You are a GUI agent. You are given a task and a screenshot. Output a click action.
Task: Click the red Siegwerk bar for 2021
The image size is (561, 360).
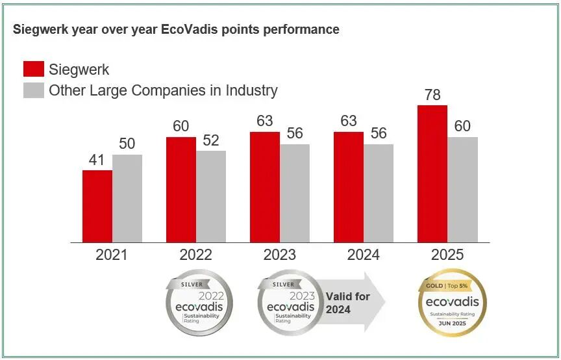pos(97,206)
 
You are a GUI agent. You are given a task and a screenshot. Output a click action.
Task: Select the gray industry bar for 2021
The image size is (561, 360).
pos(127,198)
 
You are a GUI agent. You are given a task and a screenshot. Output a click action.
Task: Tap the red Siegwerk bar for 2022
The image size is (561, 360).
pos(181,190)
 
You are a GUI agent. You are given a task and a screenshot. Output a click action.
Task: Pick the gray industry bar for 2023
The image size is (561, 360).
pos(295,193)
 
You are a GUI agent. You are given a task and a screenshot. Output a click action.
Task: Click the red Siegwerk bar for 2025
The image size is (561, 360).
pos(432,174)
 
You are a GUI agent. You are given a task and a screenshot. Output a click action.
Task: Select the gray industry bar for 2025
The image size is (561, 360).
pos(462,189)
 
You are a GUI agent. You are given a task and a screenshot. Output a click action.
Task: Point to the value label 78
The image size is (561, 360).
pos(432,95)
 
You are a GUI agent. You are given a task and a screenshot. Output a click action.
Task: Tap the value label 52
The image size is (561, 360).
pos(211,141)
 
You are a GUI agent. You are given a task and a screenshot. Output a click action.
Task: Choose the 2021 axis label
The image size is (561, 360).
pos(112,255)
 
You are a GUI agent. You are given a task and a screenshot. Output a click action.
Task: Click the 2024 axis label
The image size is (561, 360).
pos(364,255)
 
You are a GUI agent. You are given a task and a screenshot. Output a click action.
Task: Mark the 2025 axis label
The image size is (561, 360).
pos(447,255)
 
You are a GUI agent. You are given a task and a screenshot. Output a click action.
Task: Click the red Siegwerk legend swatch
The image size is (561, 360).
pos(34,70)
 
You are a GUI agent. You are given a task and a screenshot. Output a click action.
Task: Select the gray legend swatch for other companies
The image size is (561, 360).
pos(34,90)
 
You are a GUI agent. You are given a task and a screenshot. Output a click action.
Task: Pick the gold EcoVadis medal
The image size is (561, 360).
pos(452,303)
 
